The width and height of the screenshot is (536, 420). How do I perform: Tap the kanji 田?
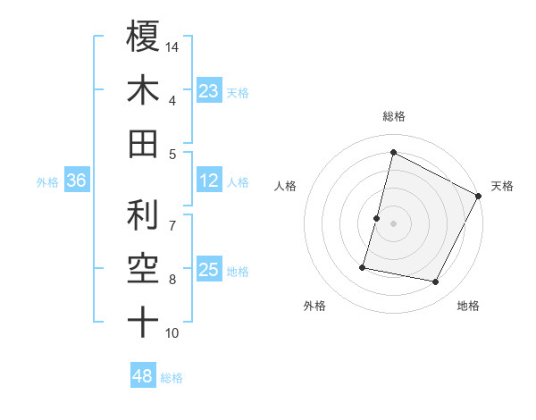[143, 143]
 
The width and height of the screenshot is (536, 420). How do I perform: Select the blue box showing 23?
[209, 91]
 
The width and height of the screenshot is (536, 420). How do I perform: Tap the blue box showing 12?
[209, 181]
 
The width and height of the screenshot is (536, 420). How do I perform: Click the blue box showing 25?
[209, 270]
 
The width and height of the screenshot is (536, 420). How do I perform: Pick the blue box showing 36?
[77, 181]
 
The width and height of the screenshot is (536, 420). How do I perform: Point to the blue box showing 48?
[143, 376]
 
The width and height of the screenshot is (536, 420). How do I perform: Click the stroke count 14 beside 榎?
[172, 46]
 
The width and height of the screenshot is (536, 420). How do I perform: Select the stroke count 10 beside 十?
[172, 333]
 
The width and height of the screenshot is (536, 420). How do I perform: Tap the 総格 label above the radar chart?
[393, 116]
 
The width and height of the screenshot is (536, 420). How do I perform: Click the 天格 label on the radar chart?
[502, 186]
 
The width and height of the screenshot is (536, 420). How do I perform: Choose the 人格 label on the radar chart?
[285, 186]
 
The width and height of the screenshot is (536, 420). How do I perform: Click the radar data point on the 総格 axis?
[393, 153]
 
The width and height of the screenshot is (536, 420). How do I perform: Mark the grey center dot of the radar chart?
[393, 223]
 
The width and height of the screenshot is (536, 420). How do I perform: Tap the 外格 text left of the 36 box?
[47, 182]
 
